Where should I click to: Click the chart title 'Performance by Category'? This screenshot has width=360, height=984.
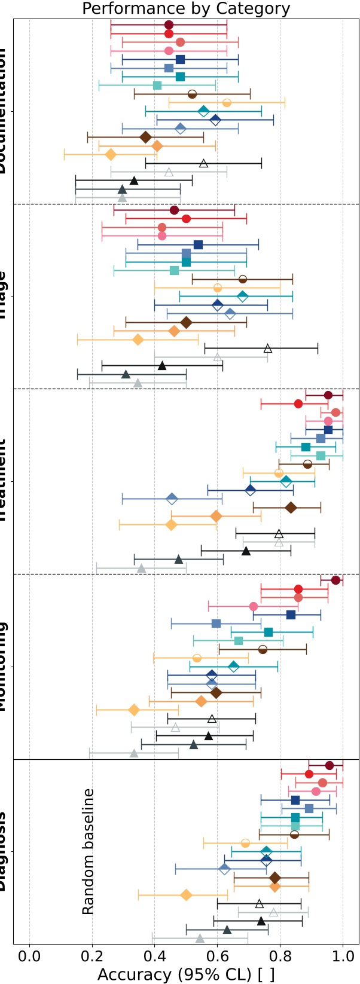click(186, 8)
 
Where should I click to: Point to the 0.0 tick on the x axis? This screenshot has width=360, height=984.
click(29, 955)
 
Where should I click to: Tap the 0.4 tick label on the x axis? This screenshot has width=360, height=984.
click(154, 955)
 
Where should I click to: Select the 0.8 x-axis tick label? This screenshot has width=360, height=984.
click(280, 955)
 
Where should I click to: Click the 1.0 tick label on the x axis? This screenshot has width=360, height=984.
click(343, 955)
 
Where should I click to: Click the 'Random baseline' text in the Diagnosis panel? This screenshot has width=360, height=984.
click(88, 852)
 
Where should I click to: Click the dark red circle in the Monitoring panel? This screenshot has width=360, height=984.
click(335, 580)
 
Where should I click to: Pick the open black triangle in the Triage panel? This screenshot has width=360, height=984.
click(268, 348)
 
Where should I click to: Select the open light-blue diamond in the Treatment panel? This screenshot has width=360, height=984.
click(172, 499)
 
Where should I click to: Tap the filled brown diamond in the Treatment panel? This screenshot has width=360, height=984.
click(291, 508)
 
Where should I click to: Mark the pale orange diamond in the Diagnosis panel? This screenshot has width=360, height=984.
click(186, 895)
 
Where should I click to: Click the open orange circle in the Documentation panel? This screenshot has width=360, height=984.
click(227, 103)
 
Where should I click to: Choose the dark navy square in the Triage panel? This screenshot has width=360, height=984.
click(198, 245)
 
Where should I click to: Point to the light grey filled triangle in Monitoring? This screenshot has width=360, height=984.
click(134, 753)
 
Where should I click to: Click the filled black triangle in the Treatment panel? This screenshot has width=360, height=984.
click(246, 551)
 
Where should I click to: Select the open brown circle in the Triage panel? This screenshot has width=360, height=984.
click(242, 279)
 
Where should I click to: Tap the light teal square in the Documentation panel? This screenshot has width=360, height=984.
click(157, 85)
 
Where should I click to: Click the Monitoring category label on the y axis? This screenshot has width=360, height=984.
click(5, 667)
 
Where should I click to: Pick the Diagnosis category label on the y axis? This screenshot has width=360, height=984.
click(5, 852)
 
